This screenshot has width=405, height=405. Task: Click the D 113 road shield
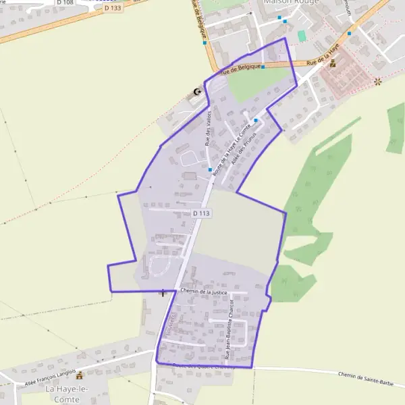[202, 213]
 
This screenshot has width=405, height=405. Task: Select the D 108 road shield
[65, 2]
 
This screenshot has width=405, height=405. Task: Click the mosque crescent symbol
[197, 92]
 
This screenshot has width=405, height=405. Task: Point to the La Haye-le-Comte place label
[62, 394]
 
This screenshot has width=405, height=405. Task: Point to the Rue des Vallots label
[209, 128]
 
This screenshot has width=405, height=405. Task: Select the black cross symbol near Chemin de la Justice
[163, 292]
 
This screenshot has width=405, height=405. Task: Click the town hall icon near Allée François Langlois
[80, 375]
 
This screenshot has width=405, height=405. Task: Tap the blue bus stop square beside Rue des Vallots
[211, 169]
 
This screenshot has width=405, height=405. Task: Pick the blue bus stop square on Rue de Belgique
[263, 67]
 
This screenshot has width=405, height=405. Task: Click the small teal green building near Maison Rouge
[301, 35]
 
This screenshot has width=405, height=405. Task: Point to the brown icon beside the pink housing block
[332, 63]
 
